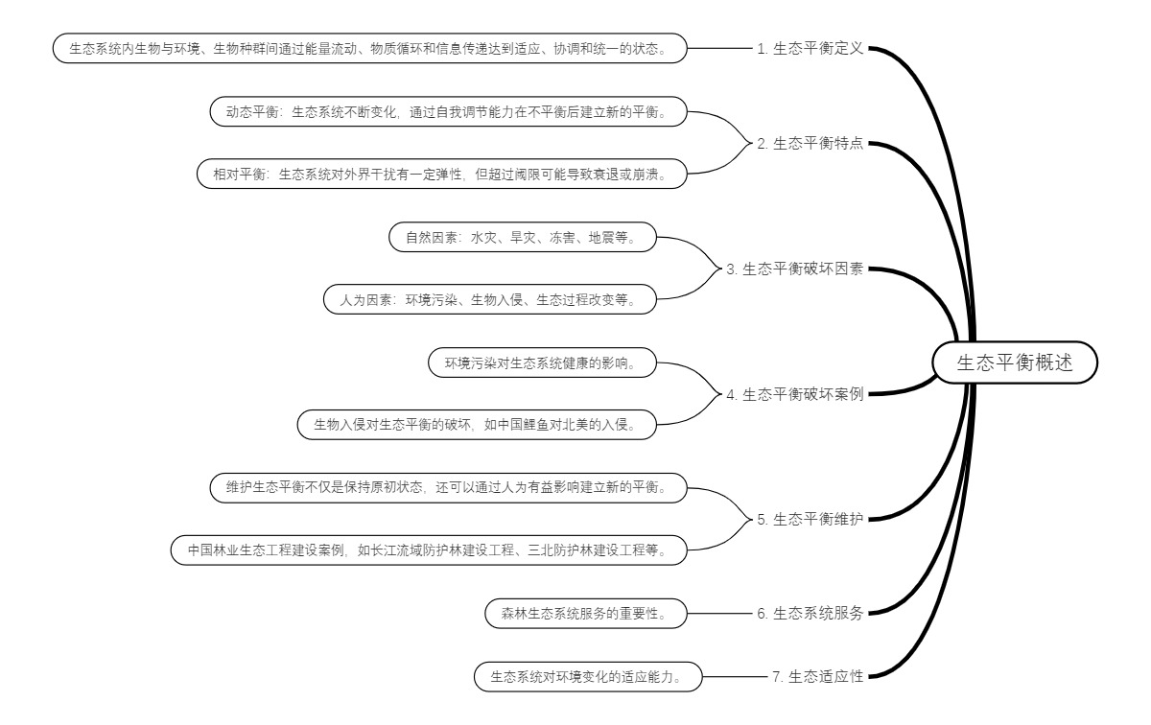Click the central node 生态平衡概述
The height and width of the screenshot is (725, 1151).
pos(1014,363)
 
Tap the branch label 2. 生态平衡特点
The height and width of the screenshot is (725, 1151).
pos(810,144)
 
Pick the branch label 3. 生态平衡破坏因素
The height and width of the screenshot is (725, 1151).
pos(795,269)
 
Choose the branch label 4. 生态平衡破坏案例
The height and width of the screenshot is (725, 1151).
pos(795,393)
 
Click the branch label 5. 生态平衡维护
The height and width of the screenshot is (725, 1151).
pos(810,519)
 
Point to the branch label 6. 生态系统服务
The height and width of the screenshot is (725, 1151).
pos(810,614)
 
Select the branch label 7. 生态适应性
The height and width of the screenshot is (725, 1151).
pos(818,676)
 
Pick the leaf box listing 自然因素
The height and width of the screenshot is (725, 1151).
pos(523,238)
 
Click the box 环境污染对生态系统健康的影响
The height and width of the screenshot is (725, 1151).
pos(544,363)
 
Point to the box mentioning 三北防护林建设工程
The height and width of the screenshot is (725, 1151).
pos(430,550)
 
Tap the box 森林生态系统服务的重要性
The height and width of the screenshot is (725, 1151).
pos(586,614)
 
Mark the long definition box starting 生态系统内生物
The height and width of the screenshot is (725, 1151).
pos(370,49)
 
